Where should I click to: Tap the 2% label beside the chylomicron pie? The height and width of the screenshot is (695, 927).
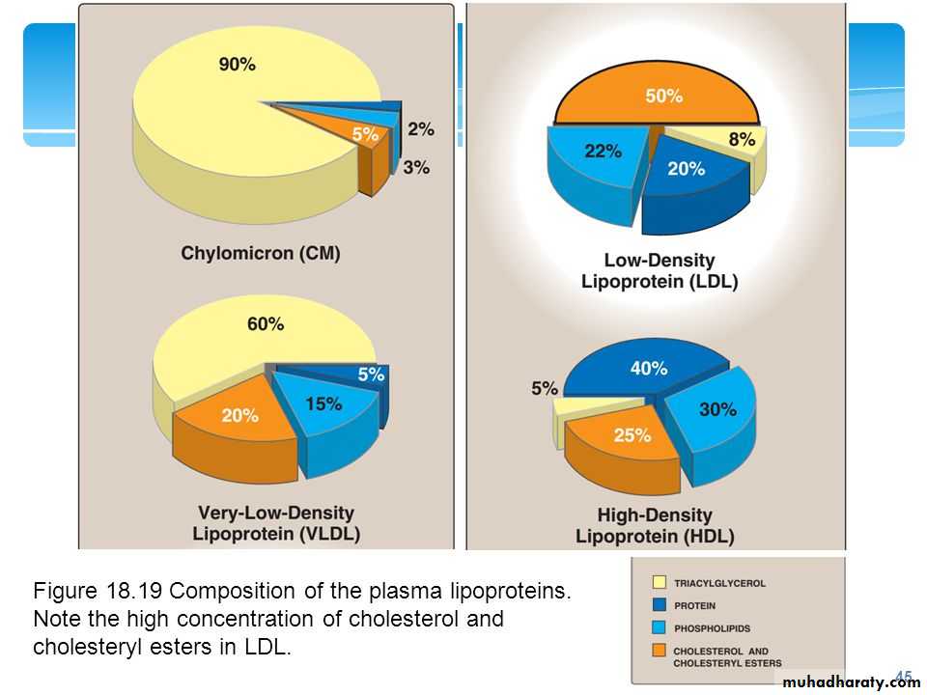coord(421,128)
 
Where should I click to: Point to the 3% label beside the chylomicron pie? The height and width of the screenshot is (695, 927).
coord(417,167)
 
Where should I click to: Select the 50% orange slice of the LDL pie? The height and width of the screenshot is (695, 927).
coord(663,97)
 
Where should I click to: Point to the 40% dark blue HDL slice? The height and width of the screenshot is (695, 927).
coord(648,369)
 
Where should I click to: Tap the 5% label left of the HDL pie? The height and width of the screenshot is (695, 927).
coord(544,389)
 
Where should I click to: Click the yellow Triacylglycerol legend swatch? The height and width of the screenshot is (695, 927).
coord(659,583)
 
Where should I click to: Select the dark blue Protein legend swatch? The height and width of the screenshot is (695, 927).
coord(659,605)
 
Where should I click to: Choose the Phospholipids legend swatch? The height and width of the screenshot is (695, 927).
coord(659,627)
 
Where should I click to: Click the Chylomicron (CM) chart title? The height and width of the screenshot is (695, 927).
coord(261,254)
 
